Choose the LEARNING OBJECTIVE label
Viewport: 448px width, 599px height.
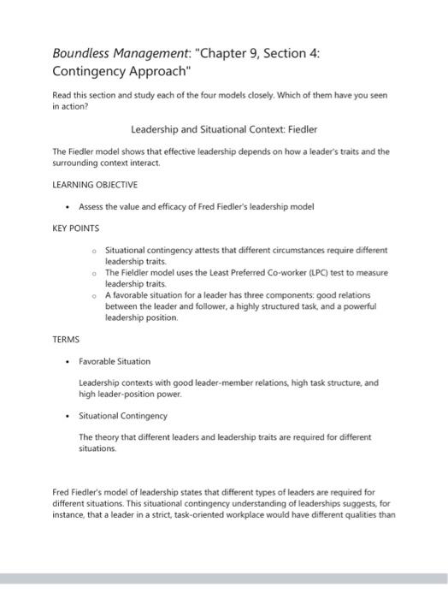95,184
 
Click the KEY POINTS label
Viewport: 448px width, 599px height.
76,228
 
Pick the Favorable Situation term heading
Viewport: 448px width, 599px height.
114,361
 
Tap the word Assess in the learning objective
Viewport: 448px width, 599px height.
91,206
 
